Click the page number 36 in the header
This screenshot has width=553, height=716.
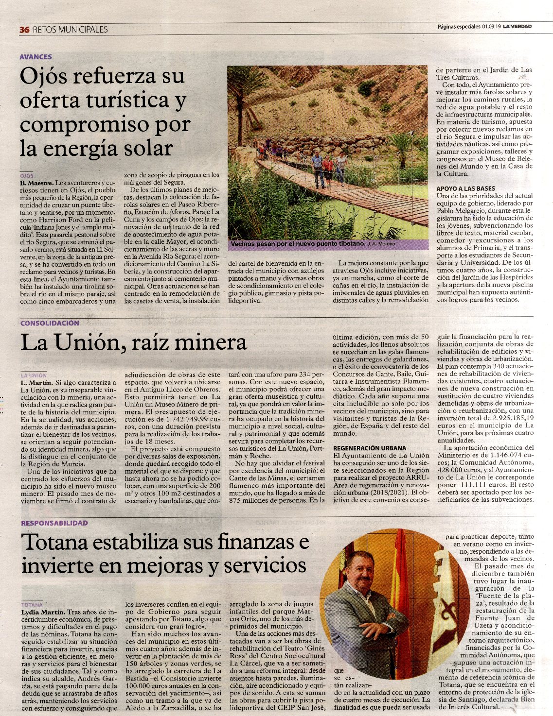pos(24,29)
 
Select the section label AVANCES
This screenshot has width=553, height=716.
pos(36,57)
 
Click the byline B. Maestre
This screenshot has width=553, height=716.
pos(36,183)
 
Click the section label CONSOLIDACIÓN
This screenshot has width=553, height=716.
pos(50,323)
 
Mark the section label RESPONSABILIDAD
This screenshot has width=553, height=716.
pos(54,523)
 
